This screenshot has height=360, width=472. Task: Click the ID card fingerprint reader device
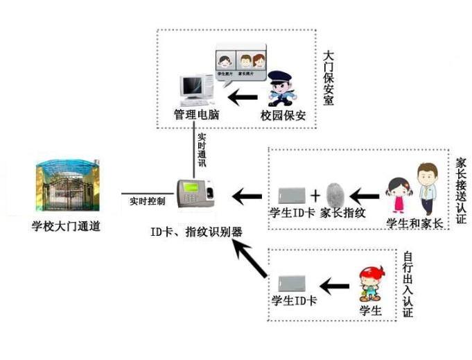coord(195,193)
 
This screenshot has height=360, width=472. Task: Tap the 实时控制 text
coord(147,202)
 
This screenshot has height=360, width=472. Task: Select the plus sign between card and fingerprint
coord(315,194)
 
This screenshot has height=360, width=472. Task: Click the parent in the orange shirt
coord(426,188)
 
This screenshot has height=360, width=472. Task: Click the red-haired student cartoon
coord(370,284)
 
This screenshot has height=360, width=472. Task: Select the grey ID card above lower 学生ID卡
coord(291,284)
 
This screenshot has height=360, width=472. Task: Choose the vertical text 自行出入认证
coord(407,284)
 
